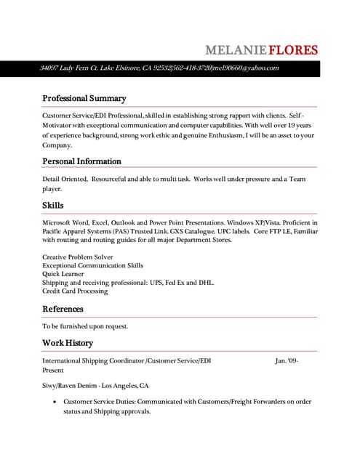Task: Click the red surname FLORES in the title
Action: pos(293,50)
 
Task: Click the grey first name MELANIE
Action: pos(236,50)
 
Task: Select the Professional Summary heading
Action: pos(84,98)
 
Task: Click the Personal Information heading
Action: pos(81,161)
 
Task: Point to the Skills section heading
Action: pos(52,206)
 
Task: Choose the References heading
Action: pos(63,309)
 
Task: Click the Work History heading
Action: pos(68,343)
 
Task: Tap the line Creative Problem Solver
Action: pos(77,257)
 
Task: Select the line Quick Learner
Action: pos(65,274)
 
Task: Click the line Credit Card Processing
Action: pos(75,291)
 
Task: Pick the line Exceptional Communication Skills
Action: pos(92,266)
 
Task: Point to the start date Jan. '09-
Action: pos(287,360)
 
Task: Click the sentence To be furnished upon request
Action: pos(85,326)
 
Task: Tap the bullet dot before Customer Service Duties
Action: pos(56,402)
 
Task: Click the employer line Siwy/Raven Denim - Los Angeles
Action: pos(95,386)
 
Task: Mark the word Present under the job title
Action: pos(53,370)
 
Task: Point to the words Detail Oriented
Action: pos(65,179)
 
